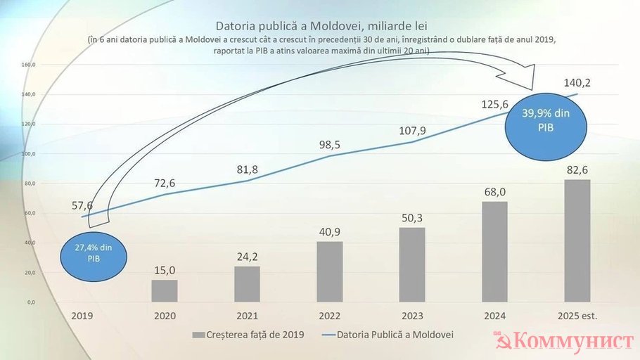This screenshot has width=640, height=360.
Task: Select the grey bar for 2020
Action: (165, 291)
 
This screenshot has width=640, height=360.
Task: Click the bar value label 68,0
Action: (494, 191)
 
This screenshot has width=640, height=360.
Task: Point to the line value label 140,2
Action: (577, 83)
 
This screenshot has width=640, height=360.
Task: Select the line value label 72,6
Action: (164, 184)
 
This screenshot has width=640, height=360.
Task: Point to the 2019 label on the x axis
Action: (82, 317)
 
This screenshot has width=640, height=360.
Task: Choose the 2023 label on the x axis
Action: (411, 317)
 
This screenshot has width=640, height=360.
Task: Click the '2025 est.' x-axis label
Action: (577, 317)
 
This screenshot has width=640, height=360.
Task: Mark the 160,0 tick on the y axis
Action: (29, 65)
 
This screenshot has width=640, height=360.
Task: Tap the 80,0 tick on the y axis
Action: (29, 184)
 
